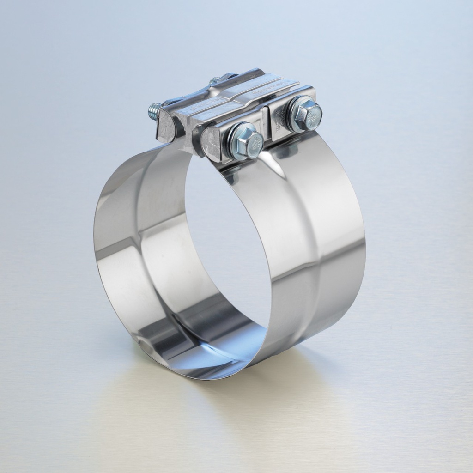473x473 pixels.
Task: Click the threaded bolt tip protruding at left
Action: [153, 110]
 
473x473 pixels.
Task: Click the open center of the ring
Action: [226, 240]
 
